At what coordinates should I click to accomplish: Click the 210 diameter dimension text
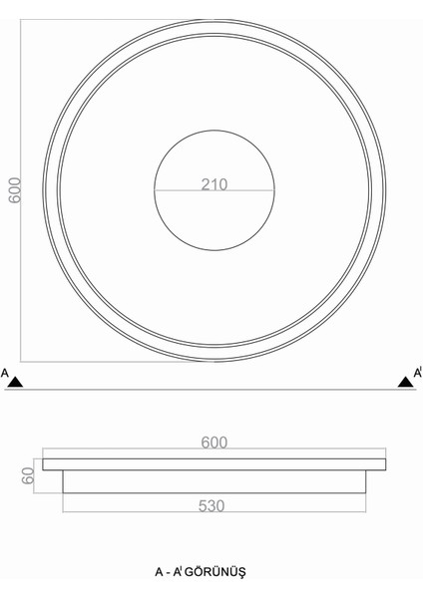point(213,183)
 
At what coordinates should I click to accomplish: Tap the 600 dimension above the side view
point(213,443)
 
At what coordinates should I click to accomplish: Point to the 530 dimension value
point(211,505)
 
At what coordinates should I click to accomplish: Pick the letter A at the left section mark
point(5,374)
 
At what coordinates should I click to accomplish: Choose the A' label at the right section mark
point(417,374)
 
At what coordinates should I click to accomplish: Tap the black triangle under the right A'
point(405,380)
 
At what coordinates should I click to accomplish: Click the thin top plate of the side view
point(213,463)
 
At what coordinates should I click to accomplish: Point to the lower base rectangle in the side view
point(213,480)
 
